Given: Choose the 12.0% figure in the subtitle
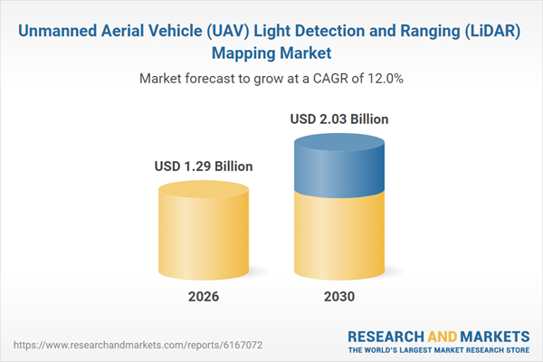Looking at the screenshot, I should (385, 80).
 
